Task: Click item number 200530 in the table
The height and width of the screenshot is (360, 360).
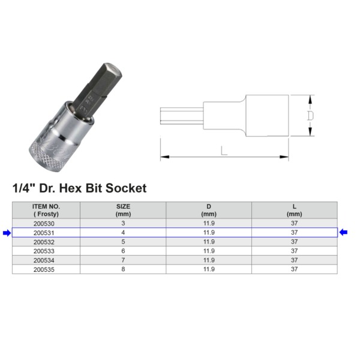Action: click(44, 223)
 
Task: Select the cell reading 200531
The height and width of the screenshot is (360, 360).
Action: click(44, 233)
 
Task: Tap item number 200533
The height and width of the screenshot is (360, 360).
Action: click(44, 251)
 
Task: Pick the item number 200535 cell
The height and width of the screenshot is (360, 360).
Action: click(44, 269)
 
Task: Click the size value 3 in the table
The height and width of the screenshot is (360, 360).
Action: click(123, 223)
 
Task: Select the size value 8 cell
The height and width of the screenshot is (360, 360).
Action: click(123, 269)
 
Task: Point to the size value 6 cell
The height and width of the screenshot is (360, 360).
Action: click(123, 251)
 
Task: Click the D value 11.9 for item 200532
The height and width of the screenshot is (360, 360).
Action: click(209, 242)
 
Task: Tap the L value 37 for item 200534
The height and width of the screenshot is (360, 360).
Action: click(295, 260)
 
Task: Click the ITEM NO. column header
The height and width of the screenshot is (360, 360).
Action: click(46, 211)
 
